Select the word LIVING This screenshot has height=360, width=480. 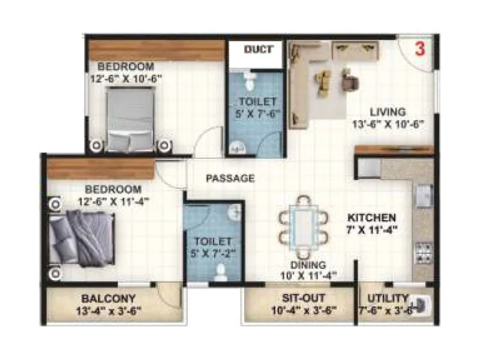[x=387, y=112]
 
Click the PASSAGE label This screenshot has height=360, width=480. [x=230, y=178]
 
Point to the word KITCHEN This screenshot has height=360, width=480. [x=373, y=217]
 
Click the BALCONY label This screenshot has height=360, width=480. [x=109, y=298]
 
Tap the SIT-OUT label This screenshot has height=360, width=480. [x=299, y=298]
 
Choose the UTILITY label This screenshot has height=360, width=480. [x=389, y=298]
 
